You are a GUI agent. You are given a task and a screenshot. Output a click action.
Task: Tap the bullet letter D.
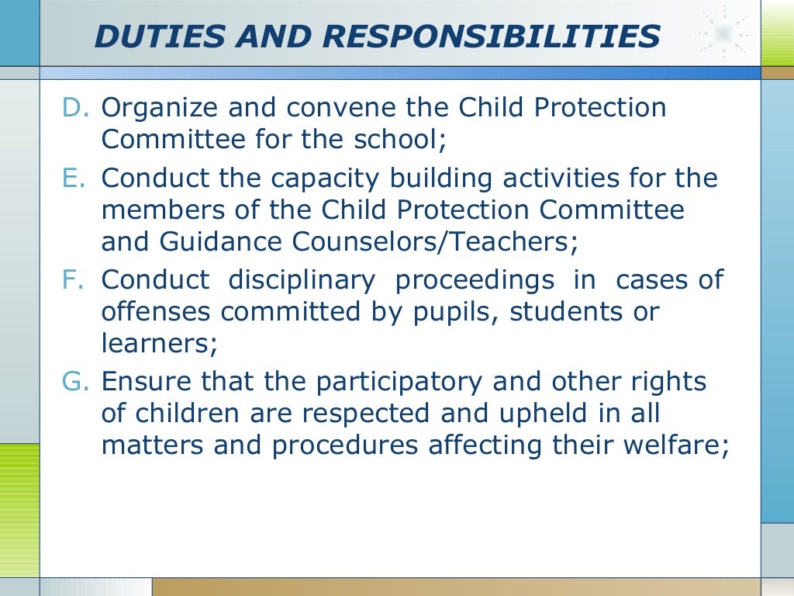click(76, 107)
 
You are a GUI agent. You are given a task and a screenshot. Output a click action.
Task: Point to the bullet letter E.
click(75, 178)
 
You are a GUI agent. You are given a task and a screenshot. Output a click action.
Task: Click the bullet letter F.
click(75, 279)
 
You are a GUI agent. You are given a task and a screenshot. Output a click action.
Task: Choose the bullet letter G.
click(77, 381)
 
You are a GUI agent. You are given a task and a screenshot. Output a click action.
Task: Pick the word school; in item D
click(409, 140)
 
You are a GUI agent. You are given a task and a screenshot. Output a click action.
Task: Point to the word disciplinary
click(302, 280)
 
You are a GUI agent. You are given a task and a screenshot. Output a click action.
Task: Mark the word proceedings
click(475, 281)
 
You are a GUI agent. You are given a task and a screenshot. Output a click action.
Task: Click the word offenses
click(156, 312)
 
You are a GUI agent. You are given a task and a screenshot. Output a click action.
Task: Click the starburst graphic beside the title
click(724, 33)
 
